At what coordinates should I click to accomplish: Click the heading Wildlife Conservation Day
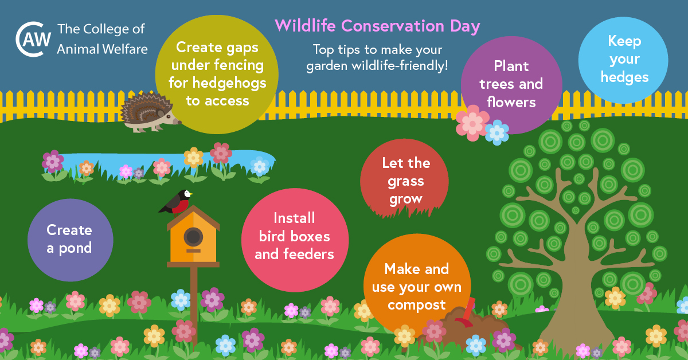tap(377, 26)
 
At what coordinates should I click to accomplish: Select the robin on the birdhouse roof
tap(177, 202)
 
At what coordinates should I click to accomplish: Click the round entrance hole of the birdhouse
tap(193, 236)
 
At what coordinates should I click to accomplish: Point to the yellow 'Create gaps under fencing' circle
tap(217, 73)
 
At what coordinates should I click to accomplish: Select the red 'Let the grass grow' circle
tap(405, 181)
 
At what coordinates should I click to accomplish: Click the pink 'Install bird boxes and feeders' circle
tap(295, 236)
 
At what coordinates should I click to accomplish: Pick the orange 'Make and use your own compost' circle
tap(416, 287)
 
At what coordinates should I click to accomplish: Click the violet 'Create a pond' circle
tap(70, 240)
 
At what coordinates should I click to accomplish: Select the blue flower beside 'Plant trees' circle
tap(497, 132)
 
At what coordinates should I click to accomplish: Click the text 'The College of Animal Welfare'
tap(102, 39)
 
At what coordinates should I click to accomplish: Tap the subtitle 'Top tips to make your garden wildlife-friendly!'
tap(377, 57)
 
